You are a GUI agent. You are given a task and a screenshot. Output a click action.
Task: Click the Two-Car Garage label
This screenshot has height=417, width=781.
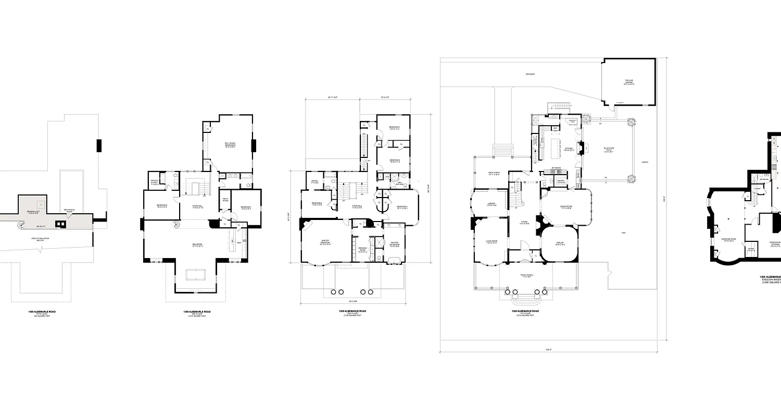628,82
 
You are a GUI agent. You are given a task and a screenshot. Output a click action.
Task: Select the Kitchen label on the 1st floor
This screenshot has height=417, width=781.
569,149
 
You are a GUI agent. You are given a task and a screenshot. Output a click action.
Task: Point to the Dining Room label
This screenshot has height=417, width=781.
566,207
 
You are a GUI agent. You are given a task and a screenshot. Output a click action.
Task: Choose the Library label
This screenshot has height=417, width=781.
490,204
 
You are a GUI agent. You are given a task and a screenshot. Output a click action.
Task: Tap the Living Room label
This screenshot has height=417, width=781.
490,242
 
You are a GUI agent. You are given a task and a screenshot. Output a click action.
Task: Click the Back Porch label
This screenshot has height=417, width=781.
494,174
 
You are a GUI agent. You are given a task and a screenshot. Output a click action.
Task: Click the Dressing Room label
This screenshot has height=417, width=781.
363,249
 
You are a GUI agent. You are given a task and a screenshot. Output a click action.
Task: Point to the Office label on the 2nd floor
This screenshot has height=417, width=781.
315,182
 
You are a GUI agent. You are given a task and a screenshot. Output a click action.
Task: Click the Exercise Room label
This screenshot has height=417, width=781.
727,240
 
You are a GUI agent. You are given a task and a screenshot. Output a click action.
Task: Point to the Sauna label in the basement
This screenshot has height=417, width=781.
751,249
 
